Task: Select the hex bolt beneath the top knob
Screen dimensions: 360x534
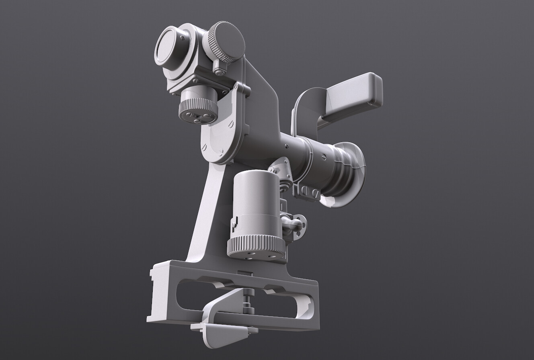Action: tap(219, 72)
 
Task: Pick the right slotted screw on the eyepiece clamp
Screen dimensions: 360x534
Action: tap(316, 194)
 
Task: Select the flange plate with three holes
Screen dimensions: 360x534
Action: tap(300, 227)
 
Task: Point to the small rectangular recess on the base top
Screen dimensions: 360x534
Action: tap(245, 274)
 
